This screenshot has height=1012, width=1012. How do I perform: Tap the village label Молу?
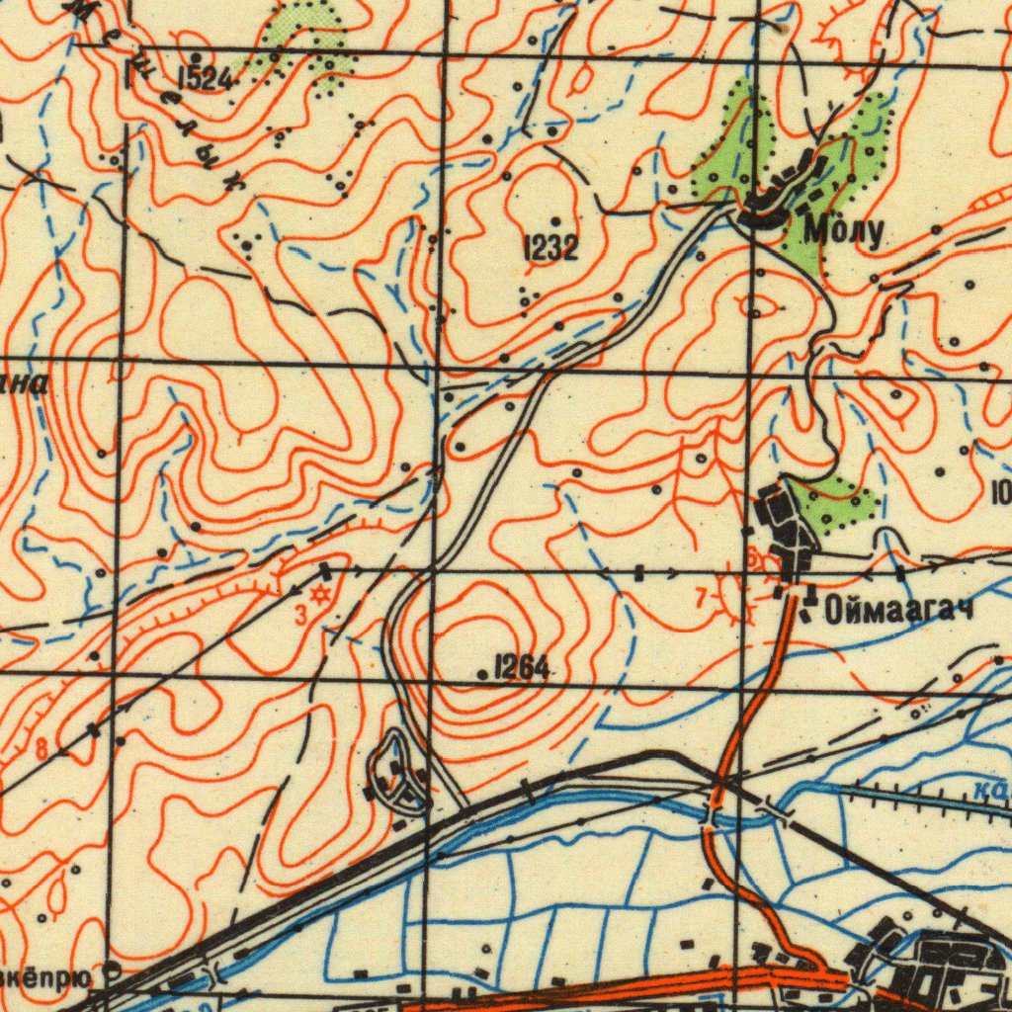843,232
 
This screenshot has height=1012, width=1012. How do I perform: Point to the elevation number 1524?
205,79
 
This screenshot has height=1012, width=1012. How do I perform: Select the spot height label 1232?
549,248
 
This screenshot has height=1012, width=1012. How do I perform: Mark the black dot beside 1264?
482,675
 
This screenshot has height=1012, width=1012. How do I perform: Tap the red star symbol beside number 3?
319,595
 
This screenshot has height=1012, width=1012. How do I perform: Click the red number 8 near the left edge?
41,748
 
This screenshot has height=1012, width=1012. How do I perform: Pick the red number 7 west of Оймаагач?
701,597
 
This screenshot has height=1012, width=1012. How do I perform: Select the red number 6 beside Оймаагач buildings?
752,559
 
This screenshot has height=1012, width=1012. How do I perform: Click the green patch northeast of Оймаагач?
840,499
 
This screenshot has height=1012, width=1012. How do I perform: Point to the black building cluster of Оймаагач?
784,524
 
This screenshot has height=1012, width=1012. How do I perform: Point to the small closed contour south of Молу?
757,307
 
